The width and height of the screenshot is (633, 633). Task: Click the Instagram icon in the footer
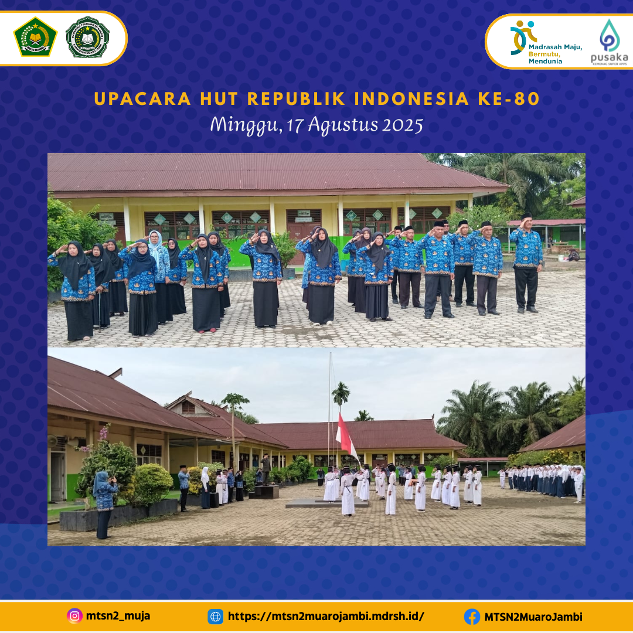[74, 616]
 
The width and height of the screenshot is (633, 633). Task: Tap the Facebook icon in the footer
[472, 617]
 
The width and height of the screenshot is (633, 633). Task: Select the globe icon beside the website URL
[215, 617]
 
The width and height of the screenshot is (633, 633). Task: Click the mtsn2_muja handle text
[118, 616]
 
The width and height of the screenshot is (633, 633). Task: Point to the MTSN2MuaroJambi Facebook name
[533, 617]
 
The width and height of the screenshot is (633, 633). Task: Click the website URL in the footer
[325, 617]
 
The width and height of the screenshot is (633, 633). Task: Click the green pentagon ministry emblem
[35, 37]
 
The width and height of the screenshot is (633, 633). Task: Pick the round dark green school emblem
[87, 37]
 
